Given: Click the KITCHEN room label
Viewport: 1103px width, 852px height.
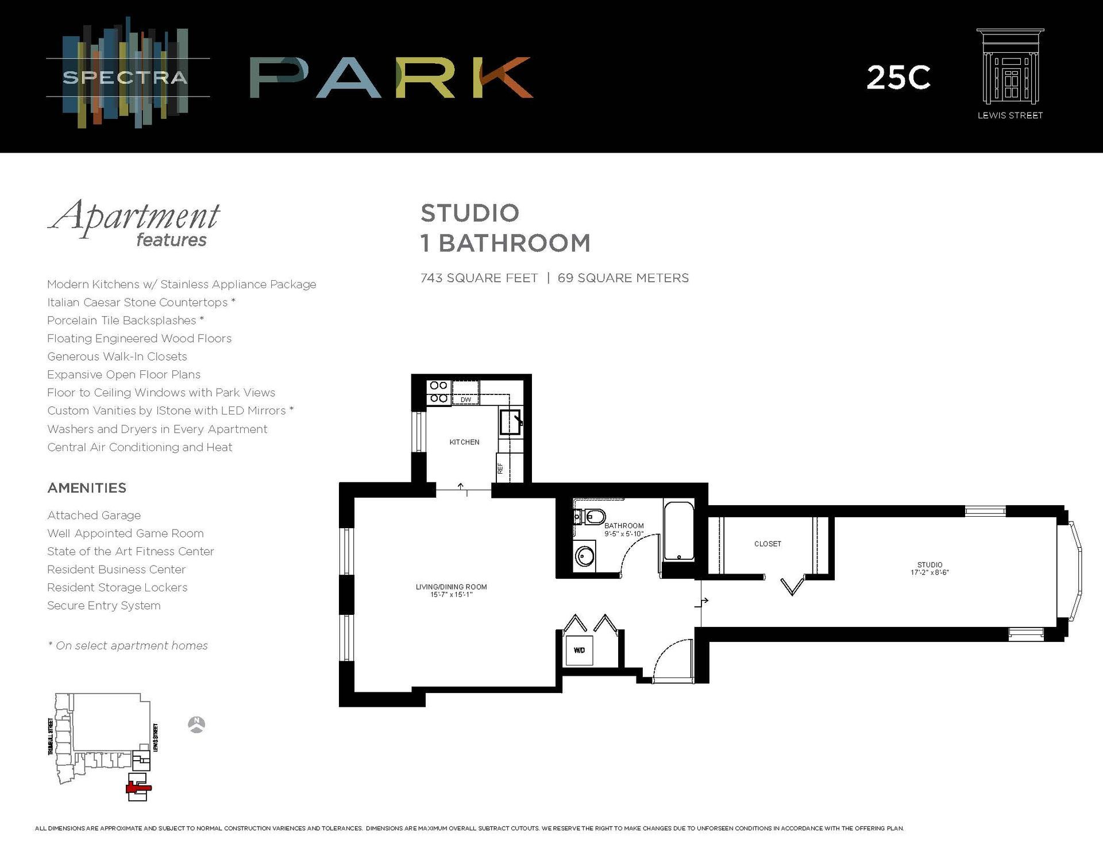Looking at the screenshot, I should [464, 442].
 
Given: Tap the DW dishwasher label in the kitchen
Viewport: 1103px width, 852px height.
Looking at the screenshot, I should [465, 400].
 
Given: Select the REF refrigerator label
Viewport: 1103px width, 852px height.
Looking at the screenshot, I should [500, 468].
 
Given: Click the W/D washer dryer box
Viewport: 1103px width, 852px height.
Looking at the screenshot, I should [579, 650].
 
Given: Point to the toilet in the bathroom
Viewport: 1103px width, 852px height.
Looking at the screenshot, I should [592, 517].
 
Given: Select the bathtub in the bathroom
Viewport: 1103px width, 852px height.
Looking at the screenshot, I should [678, 530].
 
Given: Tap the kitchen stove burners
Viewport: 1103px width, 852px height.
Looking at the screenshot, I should [439, 392].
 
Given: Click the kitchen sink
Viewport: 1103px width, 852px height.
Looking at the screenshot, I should [510, 421].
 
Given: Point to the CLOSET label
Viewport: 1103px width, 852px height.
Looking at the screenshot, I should [768, 544].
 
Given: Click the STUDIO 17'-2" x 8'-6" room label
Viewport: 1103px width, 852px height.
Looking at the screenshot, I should [930, 568].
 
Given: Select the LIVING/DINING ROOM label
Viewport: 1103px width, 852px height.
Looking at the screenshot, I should [451, 590].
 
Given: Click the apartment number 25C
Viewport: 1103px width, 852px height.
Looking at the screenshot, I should [898, 78].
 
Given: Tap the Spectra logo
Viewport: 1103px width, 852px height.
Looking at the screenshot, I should [125, 77].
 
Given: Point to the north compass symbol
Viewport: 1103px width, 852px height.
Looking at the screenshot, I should [196, 725].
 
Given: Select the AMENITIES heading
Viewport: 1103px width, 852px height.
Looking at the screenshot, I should [87, 488].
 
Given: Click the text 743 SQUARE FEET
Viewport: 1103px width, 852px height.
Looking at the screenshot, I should [479, 278].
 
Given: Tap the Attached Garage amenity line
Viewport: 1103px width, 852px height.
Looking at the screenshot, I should [94, 516].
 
